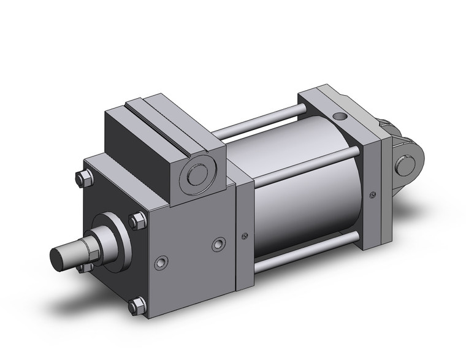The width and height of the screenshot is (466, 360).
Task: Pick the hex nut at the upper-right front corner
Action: coord(138,220)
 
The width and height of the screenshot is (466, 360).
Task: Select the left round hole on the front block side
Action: coord(161,263)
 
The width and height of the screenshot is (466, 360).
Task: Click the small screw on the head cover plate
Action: coord(245,237)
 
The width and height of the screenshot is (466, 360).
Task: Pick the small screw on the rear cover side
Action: coord(373,196)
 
